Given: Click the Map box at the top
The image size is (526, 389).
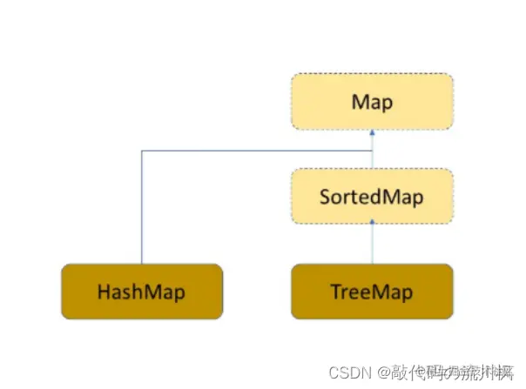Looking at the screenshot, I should point(372,102).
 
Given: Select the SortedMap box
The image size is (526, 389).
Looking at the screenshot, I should point(372,197).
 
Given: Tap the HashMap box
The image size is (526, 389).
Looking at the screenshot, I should point(142,291).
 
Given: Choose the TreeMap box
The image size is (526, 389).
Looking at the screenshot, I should point(372,291).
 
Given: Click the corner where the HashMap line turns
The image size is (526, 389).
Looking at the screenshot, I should point(142,151).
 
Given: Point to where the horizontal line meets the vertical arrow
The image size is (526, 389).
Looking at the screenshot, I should point(372,151).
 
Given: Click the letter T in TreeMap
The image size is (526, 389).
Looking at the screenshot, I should point(336,292).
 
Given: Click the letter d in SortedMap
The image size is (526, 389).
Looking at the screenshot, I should point(380,197).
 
